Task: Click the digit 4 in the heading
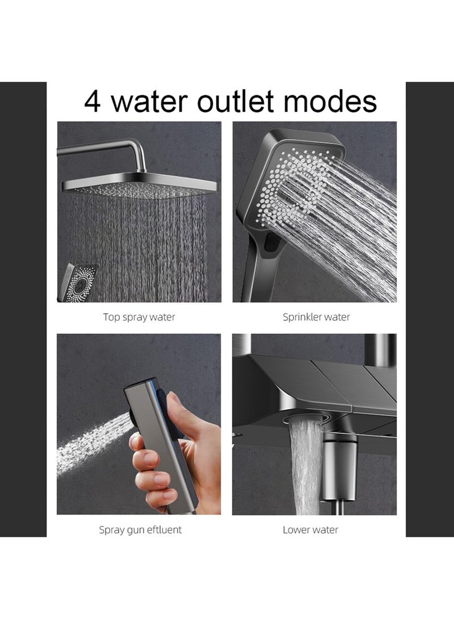[94, 102]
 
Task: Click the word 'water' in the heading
[150, 102]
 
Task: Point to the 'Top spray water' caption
[139, 317]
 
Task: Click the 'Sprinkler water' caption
[316, 317]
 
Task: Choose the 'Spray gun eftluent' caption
[140, 530]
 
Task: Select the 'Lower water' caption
[310, 530]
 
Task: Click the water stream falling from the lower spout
[306, 471]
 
